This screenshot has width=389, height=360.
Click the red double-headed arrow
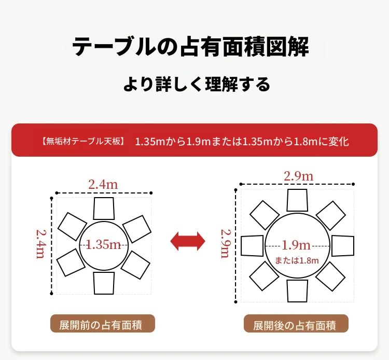point(188,241)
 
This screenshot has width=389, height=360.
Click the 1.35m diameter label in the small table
point(103,245)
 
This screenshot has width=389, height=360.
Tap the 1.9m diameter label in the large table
point(296,245)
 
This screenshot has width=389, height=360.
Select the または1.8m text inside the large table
point(297,260)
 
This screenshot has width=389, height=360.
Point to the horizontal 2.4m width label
point(103,185)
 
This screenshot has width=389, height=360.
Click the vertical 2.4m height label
point(40,244)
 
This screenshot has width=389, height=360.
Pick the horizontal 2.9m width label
point(298,176)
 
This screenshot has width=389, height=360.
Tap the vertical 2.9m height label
point(226,244)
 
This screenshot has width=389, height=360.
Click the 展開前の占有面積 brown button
point(103,324)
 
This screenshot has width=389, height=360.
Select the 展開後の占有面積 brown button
point(296,324)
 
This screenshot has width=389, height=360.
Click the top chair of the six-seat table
point(104,209)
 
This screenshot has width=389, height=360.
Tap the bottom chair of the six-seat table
point(104,283)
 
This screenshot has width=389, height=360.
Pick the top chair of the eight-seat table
point(297,200)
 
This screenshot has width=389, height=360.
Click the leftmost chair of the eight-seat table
point(252,246)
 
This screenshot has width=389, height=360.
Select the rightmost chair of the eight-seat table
point(343,246)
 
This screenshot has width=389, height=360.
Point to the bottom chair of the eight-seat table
point(297,291)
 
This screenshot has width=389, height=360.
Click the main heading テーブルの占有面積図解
point(190,46)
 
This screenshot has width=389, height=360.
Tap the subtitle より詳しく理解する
point(197,85)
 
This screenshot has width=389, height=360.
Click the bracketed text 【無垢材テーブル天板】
point(83,142)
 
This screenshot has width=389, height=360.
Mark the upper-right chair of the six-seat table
point(137,229)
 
